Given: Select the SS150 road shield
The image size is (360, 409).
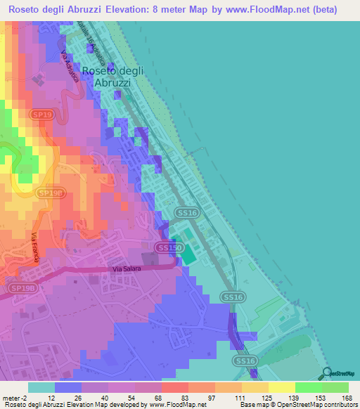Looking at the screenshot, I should click(x=169, y=248).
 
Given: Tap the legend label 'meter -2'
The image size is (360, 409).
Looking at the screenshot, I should click(x=15, y=397).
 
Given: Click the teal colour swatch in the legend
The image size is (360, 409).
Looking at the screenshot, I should click(x=41, y=387).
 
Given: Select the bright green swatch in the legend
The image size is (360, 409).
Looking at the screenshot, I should click(x=308, y=387).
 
